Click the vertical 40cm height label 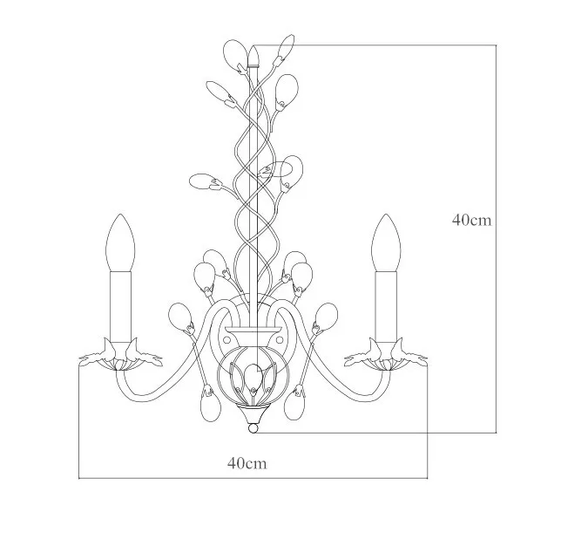pyautogui.click(x=471, y=220)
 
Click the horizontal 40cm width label pyautogui.click(x=247, y=463)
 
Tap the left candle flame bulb pyautogui.click(x=120, y=242)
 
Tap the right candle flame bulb pyautogui.click(x=386, y=242)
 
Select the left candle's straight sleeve pyautogui.click(x=120, y=307)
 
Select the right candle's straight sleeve pyautogui.click(x=386, y=307)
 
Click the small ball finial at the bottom pyautogui.click(x=253, y=428)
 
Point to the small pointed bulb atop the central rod pyautogui.click(x=253, y=56)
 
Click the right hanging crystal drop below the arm pyautogui.click(x=294, y=405)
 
